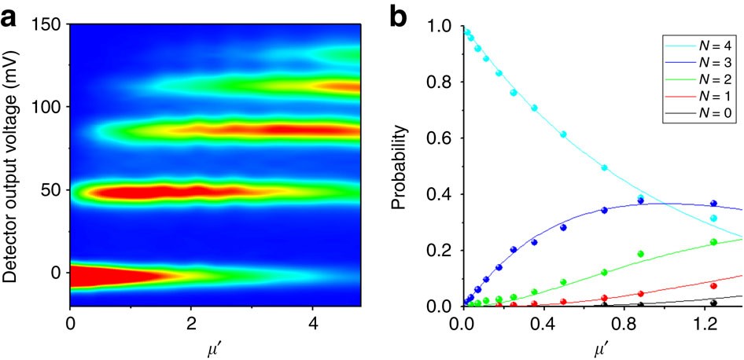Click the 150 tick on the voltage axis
click(x=48, y=25)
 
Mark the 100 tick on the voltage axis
click(x=48, y=106)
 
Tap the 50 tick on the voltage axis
click(x=52, y=190)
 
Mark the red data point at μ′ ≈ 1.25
click(x=713, y=285)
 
